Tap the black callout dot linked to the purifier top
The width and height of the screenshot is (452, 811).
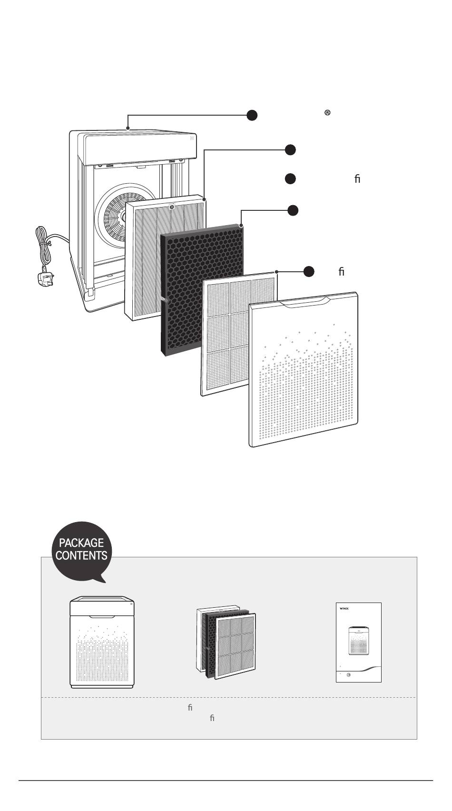coord(252,115)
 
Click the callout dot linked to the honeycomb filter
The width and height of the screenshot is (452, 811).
coord(293,210)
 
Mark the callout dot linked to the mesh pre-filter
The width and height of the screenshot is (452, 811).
coord(309,271)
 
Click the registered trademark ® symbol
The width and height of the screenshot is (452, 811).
coord(327,113)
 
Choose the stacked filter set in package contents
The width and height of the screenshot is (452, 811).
coord(227,643)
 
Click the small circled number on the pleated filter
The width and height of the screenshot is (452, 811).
coord(171,207)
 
